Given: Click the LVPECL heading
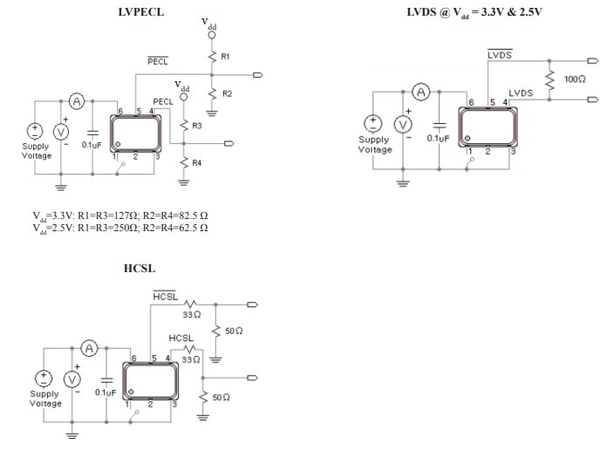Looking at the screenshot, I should pos(140,12).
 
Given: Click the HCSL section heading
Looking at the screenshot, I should pos(140,268).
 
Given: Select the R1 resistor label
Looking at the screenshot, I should pos(225,56).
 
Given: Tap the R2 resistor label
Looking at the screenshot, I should pos(226,92).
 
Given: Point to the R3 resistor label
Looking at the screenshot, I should pos(197,126).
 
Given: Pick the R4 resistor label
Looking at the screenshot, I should pos(197,163).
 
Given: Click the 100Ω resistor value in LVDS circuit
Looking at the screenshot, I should pos(575,79).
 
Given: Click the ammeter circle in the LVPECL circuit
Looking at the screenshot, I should pos(76,102).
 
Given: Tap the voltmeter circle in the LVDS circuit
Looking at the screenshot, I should pos(403,124).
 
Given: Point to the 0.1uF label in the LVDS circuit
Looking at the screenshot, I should pos(438,138).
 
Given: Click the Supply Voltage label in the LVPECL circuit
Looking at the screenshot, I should pos(37,151).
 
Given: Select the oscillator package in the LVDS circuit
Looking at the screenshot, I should pos(488,126).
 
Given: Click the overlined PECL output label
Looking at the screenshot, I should pos(157,62).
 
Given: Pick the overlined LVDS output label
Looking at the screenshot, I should pos(500,55).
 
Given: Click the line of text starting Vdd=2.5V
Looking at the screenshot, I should pos(119,228).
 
